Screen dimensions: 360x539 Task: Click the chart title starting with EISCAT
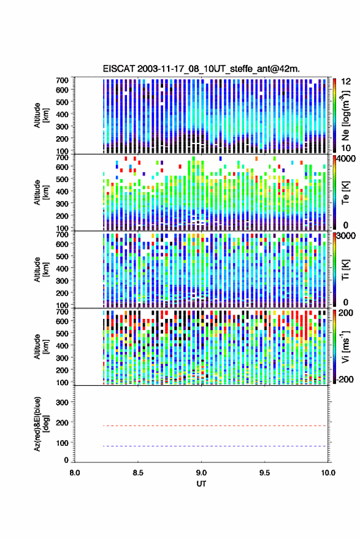tap(201, 69)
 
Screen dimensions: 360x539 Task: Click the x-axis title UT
tap(201, 484)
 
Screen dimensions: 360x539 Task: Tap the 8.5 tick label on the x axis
tap(138, 473)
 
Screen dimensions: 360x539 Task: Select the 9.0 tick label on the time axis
tap(201, 473)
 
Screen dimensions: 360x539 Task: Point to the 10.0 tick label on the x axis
tap(328, 473)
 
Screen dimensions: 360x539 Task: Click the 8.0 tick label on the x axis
tap(75, 473)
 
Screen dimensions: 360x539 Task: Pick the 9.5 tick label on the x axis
tap(264, 473)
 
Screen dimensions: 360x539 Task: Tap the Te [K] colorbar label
tap(345, 193)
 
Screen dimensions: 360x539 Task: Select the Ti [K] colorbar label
tap(345, 270)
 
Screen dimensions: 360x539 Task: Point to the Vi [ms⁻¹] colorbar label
tap(345, 346)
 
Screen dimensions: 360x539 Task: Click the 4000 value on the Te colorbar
tap(347, 159)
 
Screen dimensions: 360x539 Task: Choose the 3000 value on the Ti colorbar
tap(347, 237)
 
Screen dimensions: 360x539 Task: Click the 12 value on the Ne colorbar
tap(346, 82)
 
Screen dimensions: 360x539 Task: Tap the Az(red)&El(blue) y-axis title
tap(41, 424)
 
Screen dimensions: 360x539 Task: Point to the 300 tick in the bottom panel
tap(62, 402)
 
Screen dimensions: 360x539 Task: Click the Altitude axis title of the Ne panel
tap(41, 115)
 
